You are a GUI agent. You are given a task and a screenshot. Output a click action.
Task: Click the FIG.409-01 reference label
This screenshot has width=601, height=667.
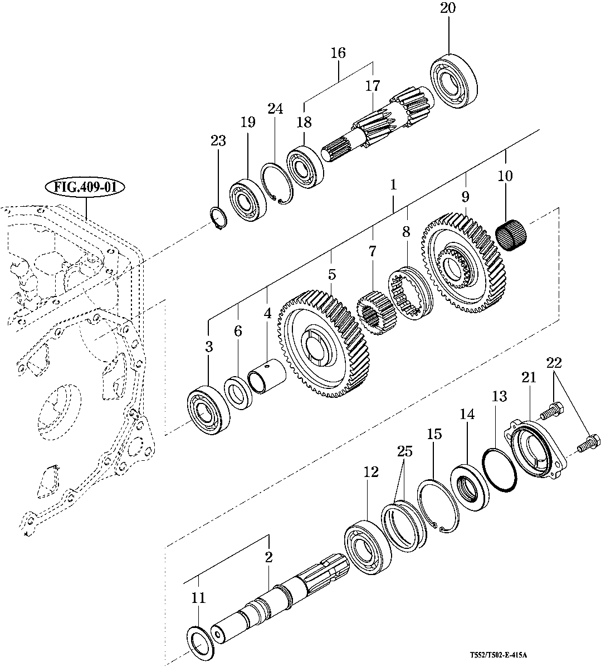(x=85, y=187)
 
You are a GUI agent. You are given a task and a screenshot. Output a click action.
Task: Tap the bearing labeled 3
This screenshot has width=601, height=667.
(x=207, y=409)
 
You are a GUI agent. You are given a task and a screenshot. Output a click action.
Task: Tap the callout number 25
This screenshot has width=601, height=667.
(x=404, y=451)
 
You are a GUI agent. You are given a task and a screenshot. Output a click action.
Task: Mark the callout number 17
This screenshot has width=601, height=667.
(x=372, y=86)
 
